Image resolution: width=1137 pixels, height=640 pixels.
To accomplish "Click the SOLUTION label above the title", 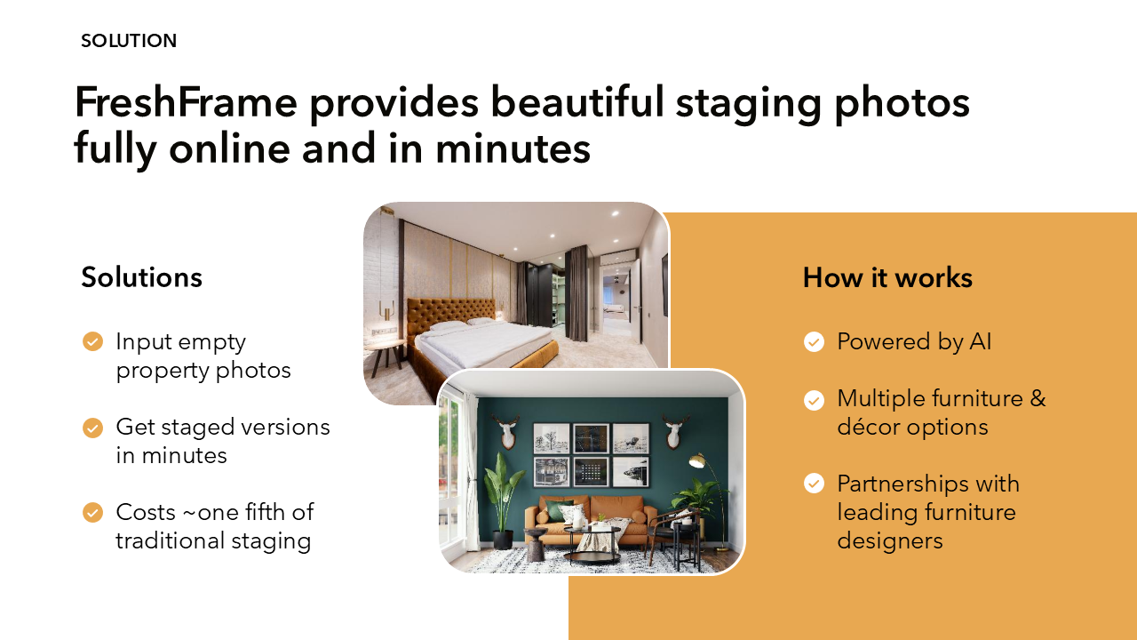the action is [x=129, y=41].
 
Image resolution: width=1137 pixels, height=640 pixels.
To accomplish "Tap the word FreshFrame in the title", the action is [x=186, y=102].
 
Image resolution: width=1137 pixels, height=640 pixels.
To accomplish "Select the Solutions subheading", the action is [x=141, y=277].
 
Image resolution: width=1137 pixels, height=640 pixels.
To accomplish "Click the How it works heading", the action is [x=887, y=278].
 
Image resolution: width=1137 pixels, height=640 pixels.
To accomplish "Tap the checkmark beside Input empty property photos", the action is [x=93, y=341].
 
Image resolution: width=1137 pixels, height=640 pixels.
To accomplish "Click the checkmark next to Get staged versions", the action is [x=93, y=428].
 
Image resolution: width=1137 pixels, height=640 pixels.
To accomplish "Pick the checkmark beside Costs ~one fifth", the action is [x=93, y=513].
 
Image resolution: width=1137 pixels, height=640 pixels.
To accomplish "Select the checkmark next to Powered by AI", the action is [x=814, y=342].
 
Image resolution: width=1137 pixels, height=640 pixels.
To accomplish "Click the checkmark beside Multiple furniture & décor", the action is [x=814, y=400].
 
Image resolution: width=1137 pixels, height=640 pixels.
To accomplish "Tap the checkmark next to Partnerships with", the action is [x=814, y=483].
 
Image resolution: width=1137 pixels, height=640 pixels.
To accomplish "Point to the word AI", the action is [x=980, y=341].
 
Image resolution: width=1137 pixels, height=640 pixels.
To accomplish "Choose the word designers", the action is [x=890, y=541].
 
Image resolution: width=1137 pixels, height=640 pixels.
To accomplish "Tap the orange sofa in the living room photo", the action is [x=591, y=519].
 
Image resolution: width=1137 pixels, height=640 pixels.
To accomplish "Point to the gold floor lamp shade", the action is [x=697, y=460].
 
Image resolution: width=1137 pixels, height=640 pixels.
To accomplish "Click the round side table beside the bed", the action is [x=385, y=356].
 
